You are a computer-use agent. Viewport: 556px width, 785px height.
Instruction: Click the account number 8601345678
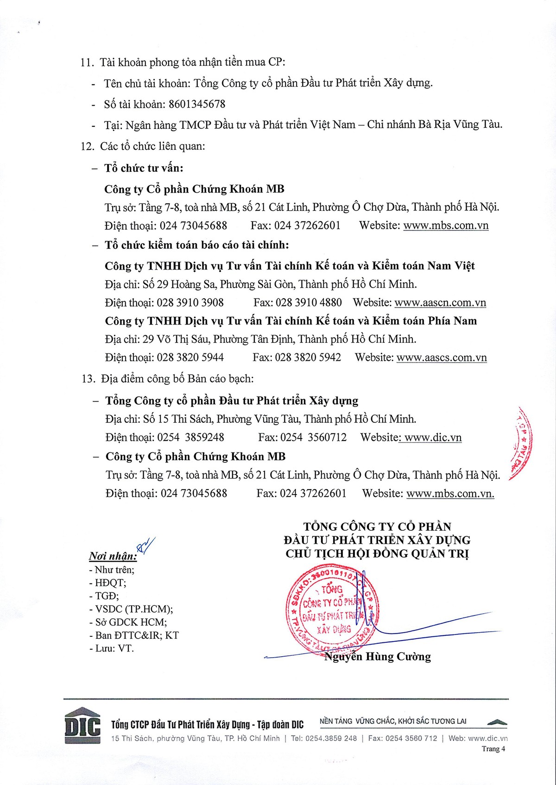click(197, 104)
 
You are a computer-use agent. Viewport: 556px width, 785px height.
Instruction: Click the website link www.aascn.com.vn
click(440, 303)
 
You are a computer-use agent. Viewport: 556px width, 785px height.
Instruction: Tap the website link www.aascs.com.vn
click(442, 358)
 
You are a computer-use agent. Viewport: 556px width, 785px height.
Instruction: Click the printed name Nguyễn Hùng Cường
click(378, 657)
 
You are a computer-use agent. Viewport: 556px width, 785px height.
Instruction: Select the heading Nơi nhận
click(113, 556)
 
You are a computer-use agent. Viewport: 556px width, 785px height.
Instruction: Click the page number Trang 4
click(493, 749)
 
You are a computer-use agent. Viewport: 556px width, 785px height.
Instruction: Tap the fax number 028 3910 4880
click(309, 303)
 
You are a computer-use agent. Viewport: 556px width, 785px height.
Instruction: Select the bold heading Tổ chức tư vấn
click(144, 168)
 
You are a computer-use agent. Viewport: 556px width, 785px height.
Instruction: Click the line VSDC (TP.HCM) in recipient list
click(134, 609)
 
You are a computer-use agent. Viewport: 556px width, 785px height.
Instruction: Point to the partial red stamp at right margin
click(521, 445)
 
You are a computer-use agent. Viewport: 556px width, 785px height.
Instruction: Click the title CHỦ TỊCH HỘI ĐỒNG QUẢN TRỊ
click(377, 554)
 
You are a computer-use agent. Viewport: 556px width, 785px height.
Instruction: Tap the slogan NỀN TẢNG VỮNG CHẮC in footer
click(393, 721)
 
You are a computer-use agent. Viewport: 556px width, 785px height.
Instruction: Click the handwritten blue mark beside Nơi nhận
click(145, 545)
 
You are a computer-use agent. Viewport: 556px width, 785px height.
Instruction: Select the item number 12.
click(87, 146)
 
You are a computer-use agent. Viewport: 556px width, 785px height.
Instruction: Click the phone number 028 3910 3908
click(190, 303)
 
